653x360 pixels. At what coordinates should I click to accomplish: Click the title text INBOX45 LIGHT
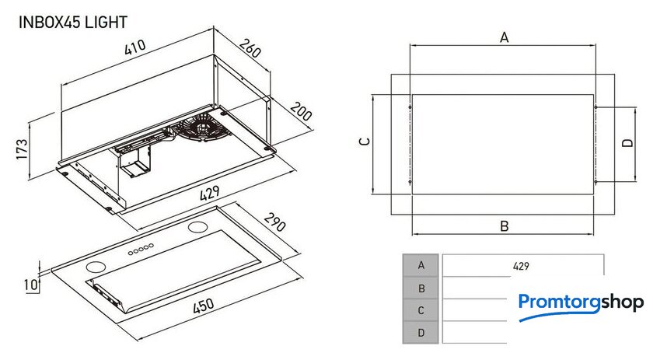pos(72,23)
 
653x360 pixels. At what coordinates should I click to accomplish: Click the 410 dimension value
pos(134,49)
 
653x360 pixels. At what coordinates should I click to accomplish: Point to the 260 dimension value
pos(249,52)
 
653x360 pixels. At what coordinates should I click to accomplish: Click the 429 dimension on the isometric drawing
pos(208,193)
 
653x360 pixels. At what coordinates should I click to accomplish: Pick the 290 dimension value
pos(274,226)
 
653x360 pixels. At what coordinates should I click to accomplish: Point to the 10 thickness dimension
pos(30,285)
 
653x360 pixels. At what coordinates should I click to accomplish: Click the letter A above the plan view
pos(504,37)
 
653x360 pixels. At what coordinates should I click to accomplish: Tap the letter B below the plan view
pos(504,226)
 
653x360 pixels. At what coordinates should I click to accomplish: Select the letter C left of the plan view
pos(363,142)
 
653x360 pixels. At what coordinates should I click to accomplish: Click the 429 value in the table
pos(521,266)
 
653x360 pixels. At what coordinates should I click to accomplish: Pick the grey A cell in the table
pos(421,265)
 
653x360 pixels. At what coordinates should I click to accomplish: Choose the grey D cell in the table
pos(421,333)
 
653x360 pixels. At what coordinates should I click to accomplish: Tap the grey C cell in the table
pos(421,310)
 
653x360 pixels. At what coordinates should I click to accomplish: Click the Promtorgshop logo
pos(581,302)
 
